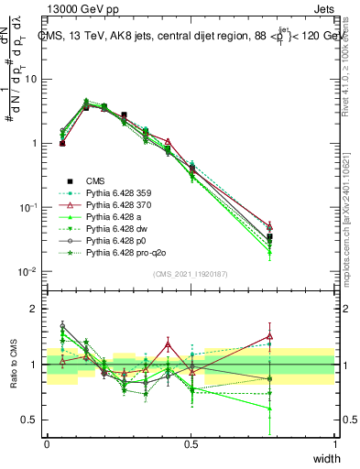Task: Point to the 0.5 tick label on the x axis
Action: pos(191,444)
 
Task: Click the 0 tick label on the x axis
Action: pos(47,444)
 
